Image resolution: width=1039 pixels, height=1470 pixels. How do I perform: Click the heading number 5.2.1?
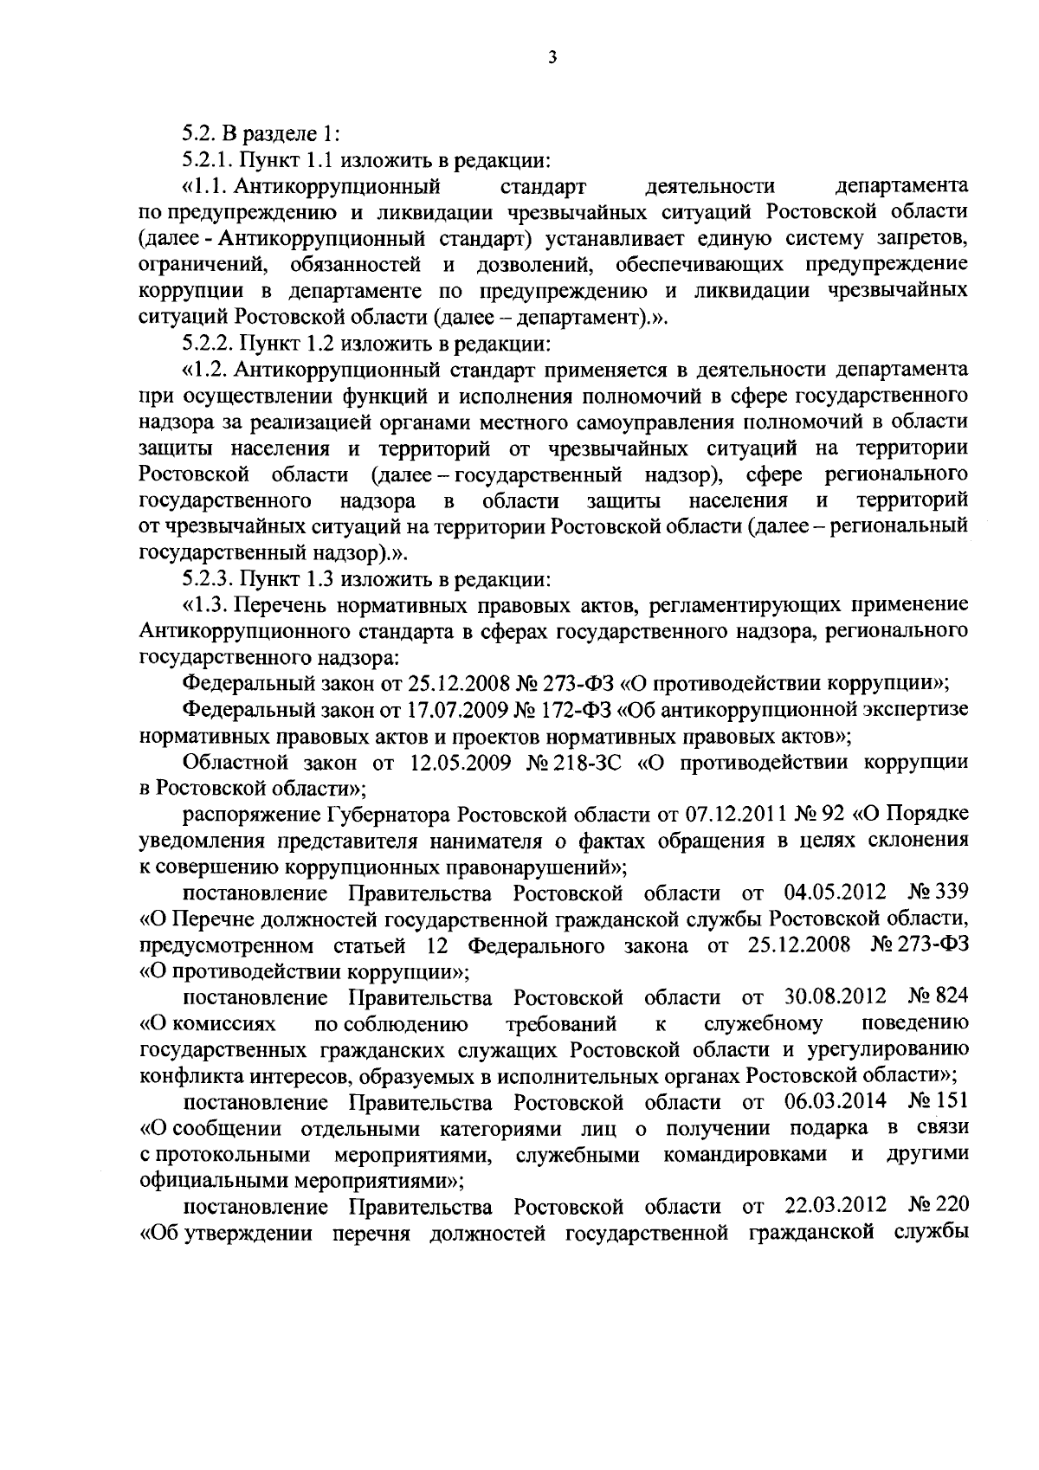click(207, 159)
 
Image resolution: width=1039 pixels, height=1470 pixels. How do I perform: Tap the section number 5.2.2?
click(207, 344)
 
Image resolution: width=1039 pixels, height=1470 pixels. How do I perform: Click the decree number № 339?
click(939, 893)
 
